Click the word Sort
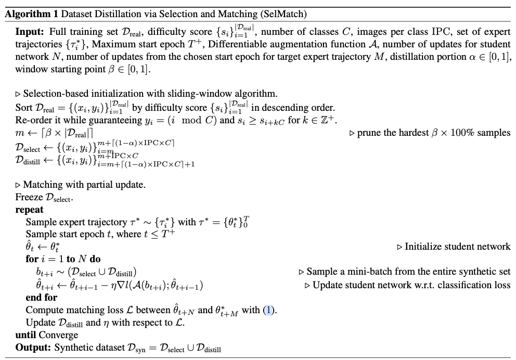(x=23, y=108)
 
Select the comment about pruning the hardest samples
(x=430, y=133)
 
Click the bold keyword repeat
(x=29, y=210)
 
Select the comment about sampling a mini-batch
(x=405, y=271)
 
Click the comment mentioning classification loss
(x=408, y=285)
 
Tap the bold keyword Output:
(x=33, y=348)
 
